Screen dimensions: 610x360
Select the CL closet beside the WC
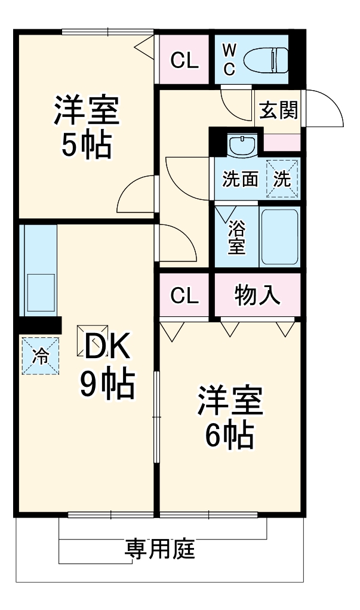pos(184,60)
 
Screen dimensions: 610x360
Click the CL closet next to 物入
pos(184,295)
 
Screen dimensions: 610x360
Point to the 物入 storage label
pos(257,295)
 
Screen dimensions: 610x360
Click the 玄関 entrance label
pos(278,110)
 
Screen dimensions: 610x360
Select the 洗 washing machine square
pos(282,179)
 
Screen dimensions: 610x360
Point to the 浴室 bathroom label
pos(237,237)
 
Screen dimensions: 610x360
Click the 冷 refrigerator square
pos(41,356)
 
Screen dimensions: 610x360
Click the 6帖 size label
pos(230,436)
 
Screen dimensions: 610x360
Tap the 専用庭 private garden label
pos(160,547)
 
